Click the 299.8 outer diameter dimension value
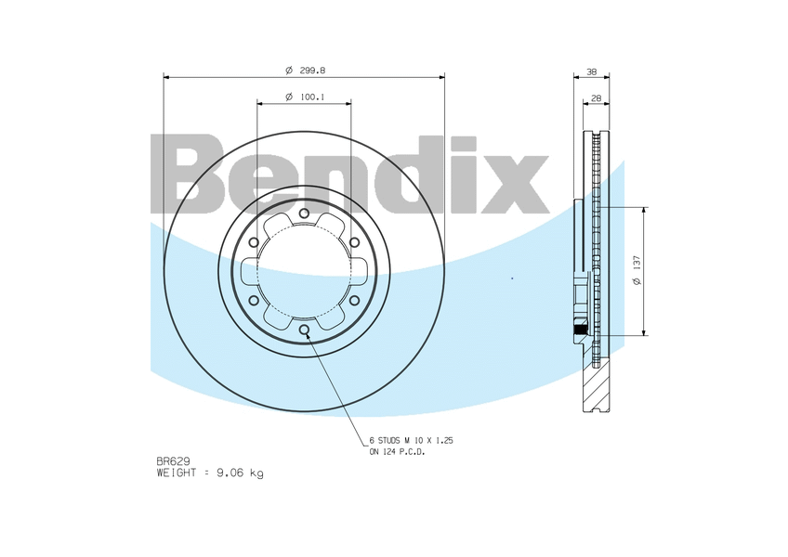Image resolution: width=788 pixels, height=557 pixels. click(312, 71)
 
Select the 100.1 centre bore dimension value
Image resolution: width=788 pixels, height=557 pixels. click(312, 97)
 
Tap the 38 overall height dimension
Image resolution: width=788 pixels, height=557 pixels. click(592, 71)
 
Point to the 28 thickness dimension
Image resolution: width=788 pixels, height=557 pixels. click(596, 98)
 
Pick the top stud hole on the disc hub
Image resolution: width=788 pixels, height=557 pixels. click(304, 214)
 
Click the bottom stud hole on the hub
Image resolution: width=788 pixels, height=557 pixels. click(304, 330)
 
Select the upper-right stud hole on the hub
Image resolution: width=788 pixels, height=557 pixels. click(354, 242)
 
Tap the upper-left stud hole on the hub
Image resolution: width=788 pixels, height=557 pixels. click(254, 242)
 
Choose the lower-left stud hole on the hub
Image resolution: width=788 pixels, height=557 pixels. click(254, 301)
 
